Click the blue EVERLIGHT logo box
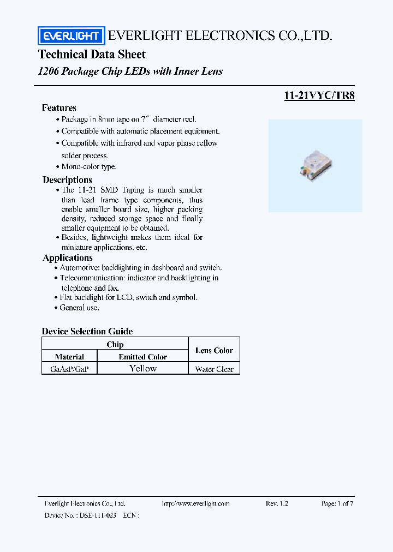tap(70, 36)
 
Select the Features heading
tap(59, 107)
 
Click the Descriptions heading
tap(67, 179)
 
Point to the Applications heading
tap(67, 257)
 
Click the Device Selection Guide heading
tap(87, 331)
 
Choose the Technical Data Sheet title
tap(92, 55)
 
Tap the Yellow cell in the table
tap(143, 369)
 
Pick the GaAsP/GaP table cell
tap(69, 369)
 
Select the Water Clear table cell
tap(214, 369)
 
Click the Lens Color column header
tap(214, 351)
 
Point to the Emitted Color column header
tap(143, 357)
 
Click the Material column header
tap(69, 357)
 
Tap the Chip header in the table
tap(115, 344)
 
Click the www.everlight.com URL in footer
tap(196, 503)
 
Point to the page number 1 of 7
tap(337, 503)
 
